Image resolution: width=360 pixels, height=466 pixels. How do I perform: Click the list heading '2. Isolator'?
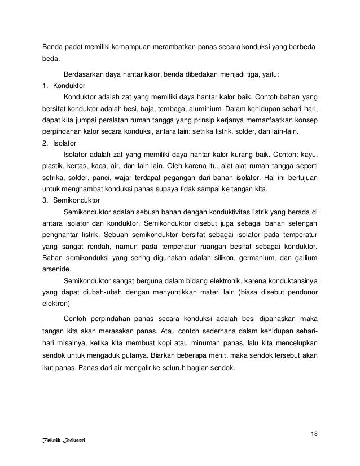[x=60, y=143]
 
